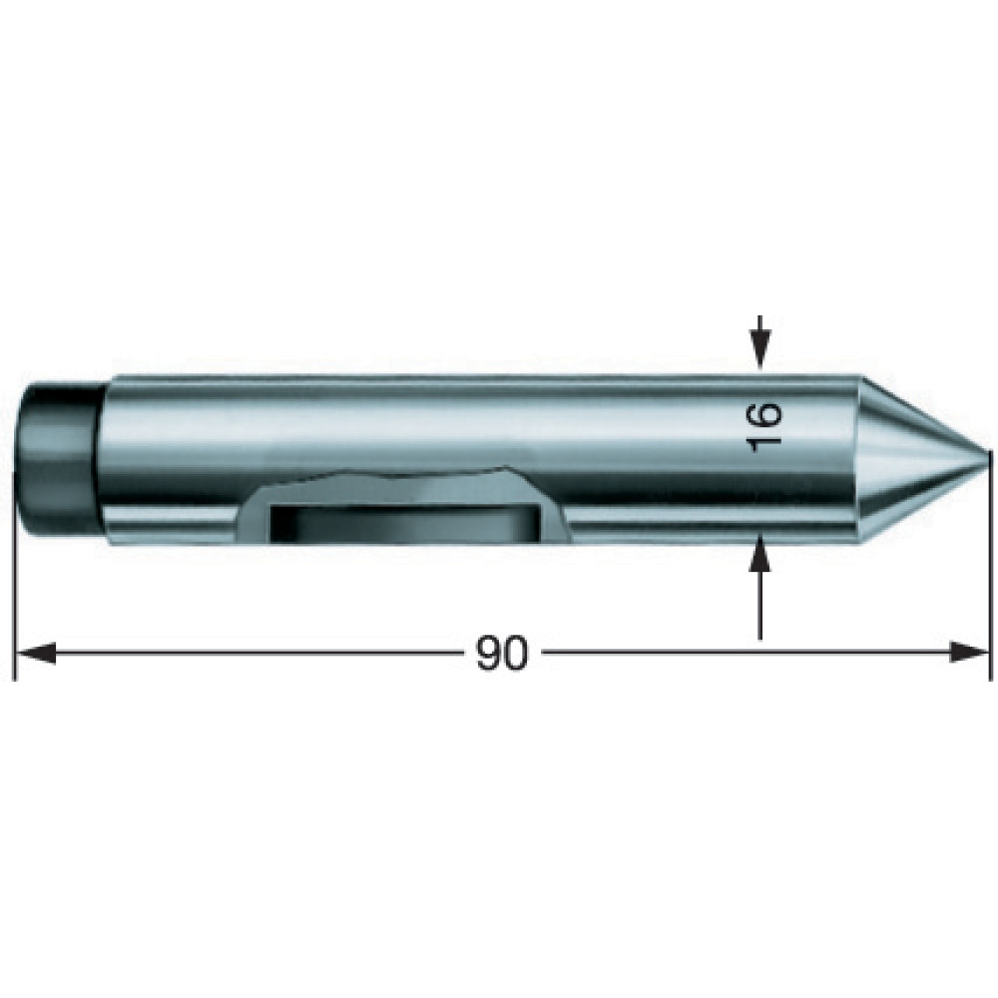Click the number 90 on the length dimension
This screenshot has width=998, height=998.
(x=502, y=653)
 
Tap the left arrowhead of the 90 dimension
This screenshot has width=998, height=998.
(x=35, y=653)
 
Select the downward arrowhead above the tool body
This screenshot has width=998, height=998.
(x=759, y=350)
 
